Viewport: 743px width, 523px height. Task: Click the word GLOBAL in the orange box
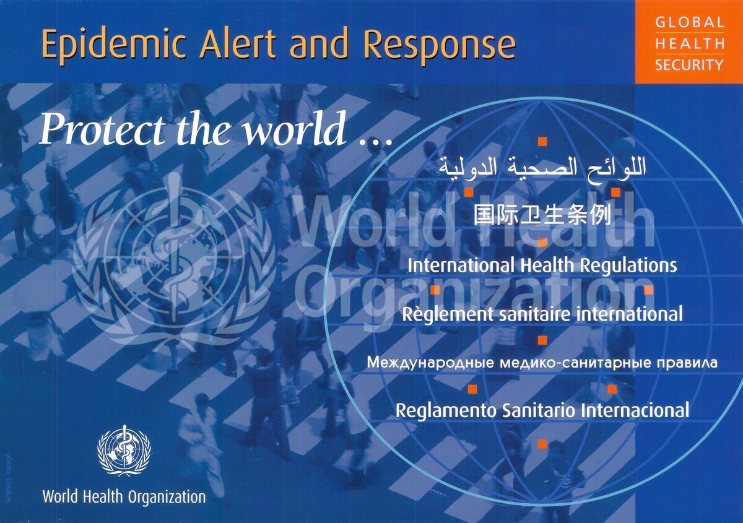click(x=689, y=22)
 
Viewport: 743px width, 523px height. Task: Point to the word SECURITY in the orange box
click(x=689, y=64)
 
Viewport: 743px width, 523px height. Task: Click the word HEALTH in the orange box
click(x=689, y=44)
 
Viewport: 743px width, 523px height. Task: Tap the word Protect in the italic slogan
click(x=102, y=129)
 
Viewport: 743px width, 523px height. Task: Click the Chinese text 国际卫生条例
click(x=542, y=215)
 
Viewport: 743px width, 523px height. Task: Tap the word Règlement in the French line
click(x=448, y=314)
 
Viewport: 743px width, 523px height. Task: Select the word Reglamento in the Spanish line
click(x=446, y=410)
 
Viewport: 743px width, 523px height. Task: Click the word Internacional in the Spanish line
click(x=635, y=410)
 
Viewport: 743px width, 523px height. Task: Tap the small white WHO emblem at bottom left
click(x=124, y=451)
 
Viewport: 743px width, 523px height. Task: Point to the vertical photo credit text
click(x=9, y=478)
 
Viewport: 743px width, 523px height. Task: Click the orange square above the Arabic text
click(x=542, y=142)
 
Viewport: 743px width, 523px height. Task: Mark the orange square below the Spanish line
click(x=542, y=444)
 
